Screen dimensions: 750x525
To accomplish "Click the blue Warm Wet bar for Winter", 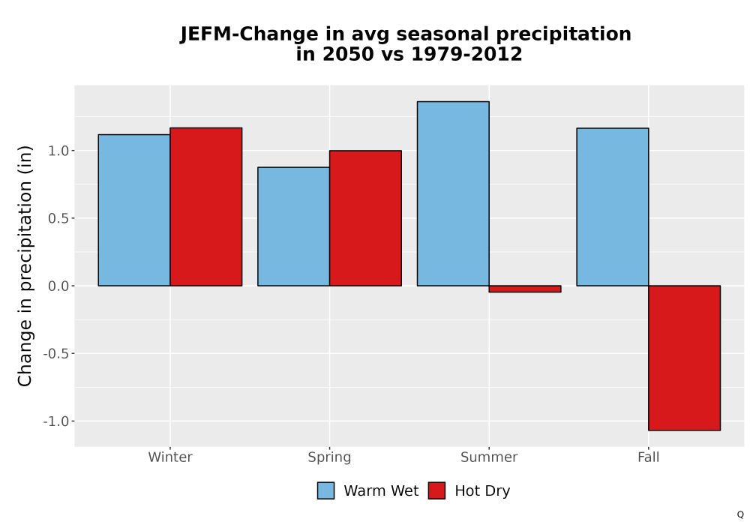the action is pos(134,210).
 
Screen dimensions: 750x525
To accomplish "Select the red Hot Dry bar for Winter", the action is pos(206,206).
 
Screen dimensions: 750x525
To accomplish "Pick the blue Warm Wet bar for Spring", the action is pos(294,226).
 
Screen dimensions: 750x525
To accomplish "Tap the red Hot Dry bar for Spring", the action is pos(365,218).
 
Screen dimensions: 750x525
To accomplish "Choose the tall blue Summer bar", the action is pos(453,193).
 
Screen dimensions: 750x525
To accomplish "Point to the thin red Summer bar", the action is pos(525,289).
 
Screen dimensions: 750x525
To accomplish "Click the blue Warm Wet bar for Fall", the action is pos(613,206).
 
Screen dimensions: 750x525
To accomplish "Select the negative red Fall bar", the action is pos(685,358).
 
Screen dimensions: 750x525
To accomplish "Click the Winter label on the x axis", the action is pos(170,457).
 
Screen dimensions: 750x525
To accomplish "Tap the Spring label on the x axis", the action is pos(329,457).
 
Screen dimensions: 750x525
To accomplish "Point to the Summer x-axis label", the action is pos(489,457).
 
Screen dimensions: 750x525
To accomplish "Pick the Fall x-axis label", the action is pos(649,457).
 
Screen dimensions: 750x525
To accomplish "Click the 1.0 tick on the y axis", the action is pos(58,151).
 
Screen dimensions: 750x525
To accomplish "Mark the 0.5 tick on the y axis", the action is pos(58,218).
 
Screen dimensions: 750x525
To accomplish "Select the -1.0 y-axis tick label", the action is pos(56,421).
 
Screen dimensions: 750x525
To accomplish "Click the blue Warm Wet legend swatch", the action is pos(325,490).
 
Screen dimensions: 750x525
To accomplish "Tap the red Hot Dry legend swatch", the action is pos(436,490).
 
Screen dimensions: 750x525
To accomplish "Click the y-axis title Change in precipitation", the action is pos(25,265).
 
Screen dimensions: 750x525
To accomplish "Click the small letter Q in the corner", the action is pos(740,514).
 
